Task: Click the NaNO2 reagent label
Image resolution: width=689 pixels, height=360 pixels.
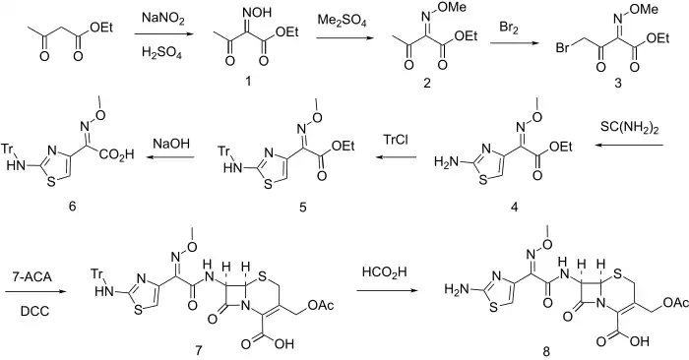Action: click(x=163, y=19)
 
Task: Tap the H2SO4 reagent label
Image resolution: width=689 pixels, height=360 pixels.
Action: click(x=161, y=53)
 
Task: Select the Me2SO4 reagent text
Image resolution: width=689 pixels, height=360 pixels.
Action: click(x=343, y=21)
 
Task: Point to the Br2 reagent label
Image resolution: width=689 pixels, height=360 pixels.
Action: click(x=509, y=28)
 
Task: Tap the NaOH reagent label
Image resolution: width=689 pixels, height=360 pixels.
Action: click(x=172, y=144)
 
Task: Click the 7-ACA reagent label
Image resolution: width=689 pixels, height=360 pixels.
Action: click(x=34, y=278)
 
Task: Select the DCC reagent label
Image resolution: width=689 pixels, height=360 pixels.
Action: click(x=34, y=312)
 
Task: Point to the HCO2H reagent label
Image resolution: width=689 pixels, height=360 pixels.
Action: click(x=385, y=272)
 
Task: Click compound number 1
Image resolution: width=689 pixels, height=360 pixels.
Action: click(x=248, y=81)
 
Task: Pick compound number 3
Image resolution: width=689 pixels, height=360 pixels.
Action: click(x=618, y=83)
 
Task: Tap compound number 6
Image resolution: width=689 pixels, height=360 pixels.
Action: click(x=72, y=205)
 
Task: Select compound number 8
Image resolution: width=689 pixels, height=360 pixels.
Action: click(x=545, y=351)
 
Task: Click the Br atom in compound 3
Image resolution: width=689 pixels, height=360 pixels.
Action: click(x=564, y=47)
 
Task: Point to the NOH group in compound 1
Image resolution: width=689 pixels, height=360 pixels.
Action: click(x=259, y=12)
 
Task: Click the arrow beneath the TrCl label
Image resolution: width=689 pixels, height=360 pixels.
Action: click(x=396, y=157)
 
